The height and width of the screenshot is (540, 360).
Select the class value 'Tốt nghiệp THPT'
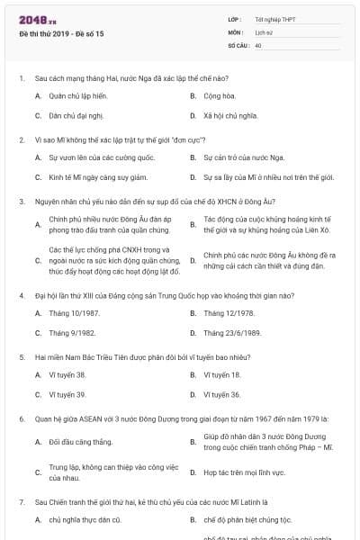click(274, 19)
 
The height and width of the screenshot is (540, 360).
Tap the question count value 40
click(258, 44)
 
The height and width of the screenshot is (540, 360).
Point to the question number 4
click(21, 294)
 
